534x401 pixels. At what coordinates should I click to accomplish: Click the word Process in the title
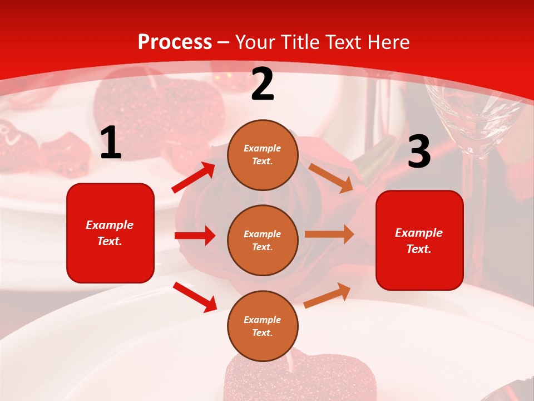pyautogui.click(x=175, y=42)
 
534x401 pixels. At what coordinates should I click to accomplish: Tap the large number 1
pyautogui.click(x=111, y=144)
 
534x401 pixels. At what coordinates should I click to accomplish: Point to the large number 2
pyautogui.click(x=263, y=85)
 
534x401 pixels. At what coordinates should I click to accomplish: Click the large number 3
pyautogui.click(x=419, y=152)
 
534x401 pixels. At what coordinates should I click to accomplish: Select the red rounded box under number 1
pyautogui.click(x=110, y=233)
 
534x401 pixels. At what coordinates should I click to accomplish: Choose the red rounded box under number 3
pyautogui.click(x=419, y=241)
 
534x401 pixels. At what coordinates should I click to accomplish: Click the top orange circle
pyautogui.click(x=263, y=155)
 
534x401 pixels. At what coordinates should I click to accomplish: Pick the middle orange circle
pyautogui.click(x=263, y=240)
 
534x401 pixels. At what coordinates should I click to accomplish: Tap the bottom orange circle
pyautogui.click(x=263, y=326)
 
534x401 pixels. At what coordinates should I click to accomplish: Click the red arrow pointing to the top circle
pyautogui.click(x=194, y=178)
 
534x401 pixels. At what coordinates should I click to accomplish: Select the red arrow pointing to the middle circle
pyautogui.click(x=195, y=236)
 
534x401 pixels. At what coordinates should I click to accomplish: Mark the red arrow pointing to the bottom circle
pyautogui.click(x=195, y=297)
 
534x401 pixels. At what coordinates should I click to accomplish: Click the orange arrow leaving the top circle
pyautogui.click(x=331, y=178)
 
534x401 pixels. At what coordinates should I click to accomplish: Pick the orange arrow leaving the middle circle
pyautogui.click(x=329, y=234)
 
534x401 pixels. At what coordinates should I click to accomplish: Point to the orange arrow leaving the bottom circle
pyautogui.click(x=328, y=295)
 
